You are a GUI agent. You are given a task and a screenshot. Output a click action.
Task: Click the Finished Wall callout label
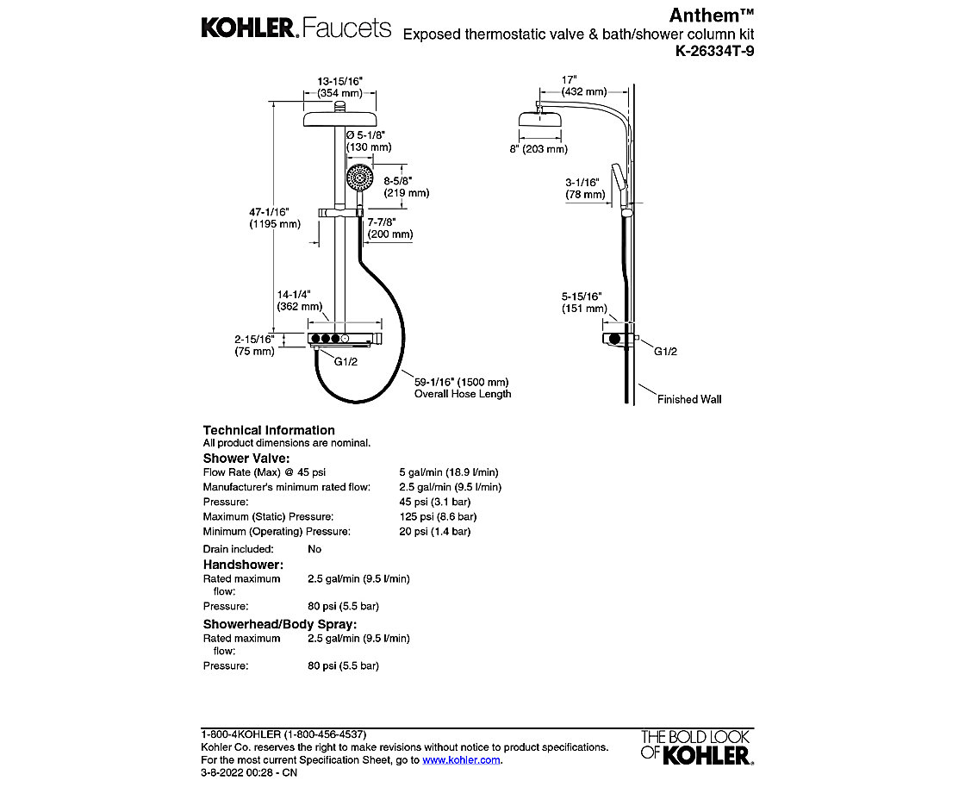(689, 399)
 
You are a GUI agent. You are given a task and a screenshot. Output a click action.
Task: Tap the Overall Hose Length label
(463, 394)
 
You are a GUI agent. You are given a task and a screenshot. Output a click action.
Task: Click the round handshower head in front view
(358, 180)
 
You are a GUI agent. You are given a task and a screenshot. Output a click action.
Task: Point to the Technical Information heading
(269, 430)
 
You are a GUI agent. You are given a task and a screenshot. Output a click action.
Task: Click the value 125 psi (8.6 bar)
(438, 516)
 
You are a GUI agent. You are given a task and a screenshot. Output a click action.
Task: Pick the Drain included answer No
(314, 549)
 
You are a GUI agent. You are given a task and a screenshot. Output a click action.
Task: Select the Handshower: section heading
(243, 565)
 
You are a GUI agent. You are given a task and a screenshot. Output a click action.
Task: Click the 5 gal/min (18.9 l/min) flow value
(448, 472)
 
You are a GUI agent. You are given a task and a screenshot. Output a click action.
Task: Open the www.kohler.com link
(461, 760)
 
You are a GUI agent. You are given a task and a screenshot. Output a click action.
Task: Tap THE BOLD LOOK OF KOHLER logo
(695, 746)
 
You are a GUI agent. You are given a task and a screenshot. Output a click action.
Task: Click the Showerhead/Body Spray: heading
(280, 624)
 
